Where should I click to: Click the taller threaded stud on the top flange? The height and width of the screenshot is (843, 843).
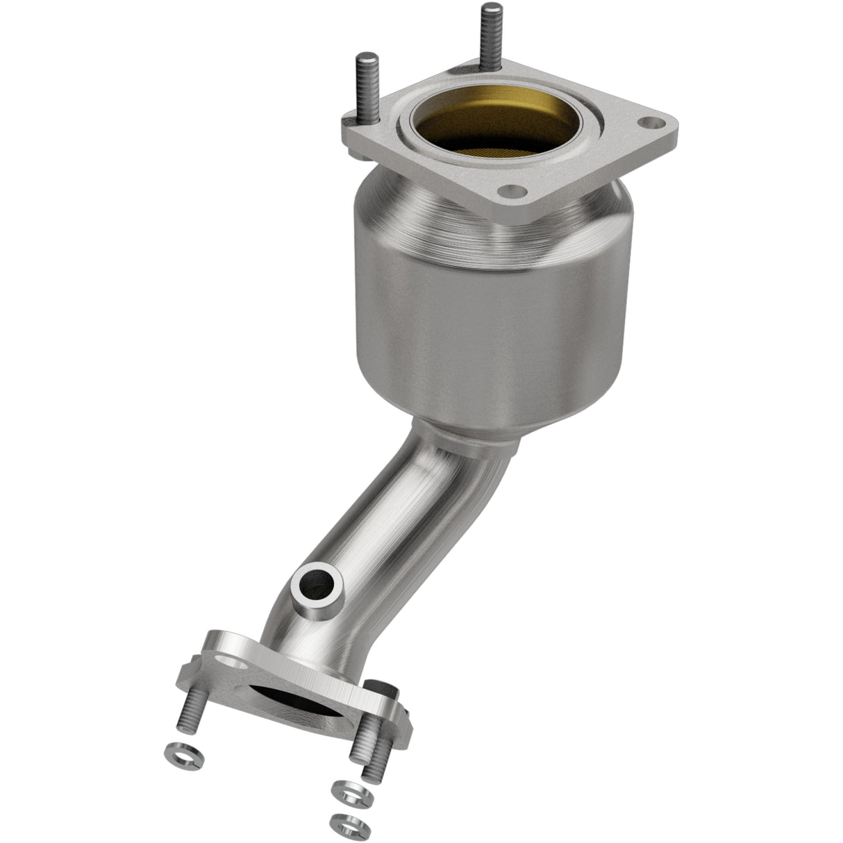tap(491, 35)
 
